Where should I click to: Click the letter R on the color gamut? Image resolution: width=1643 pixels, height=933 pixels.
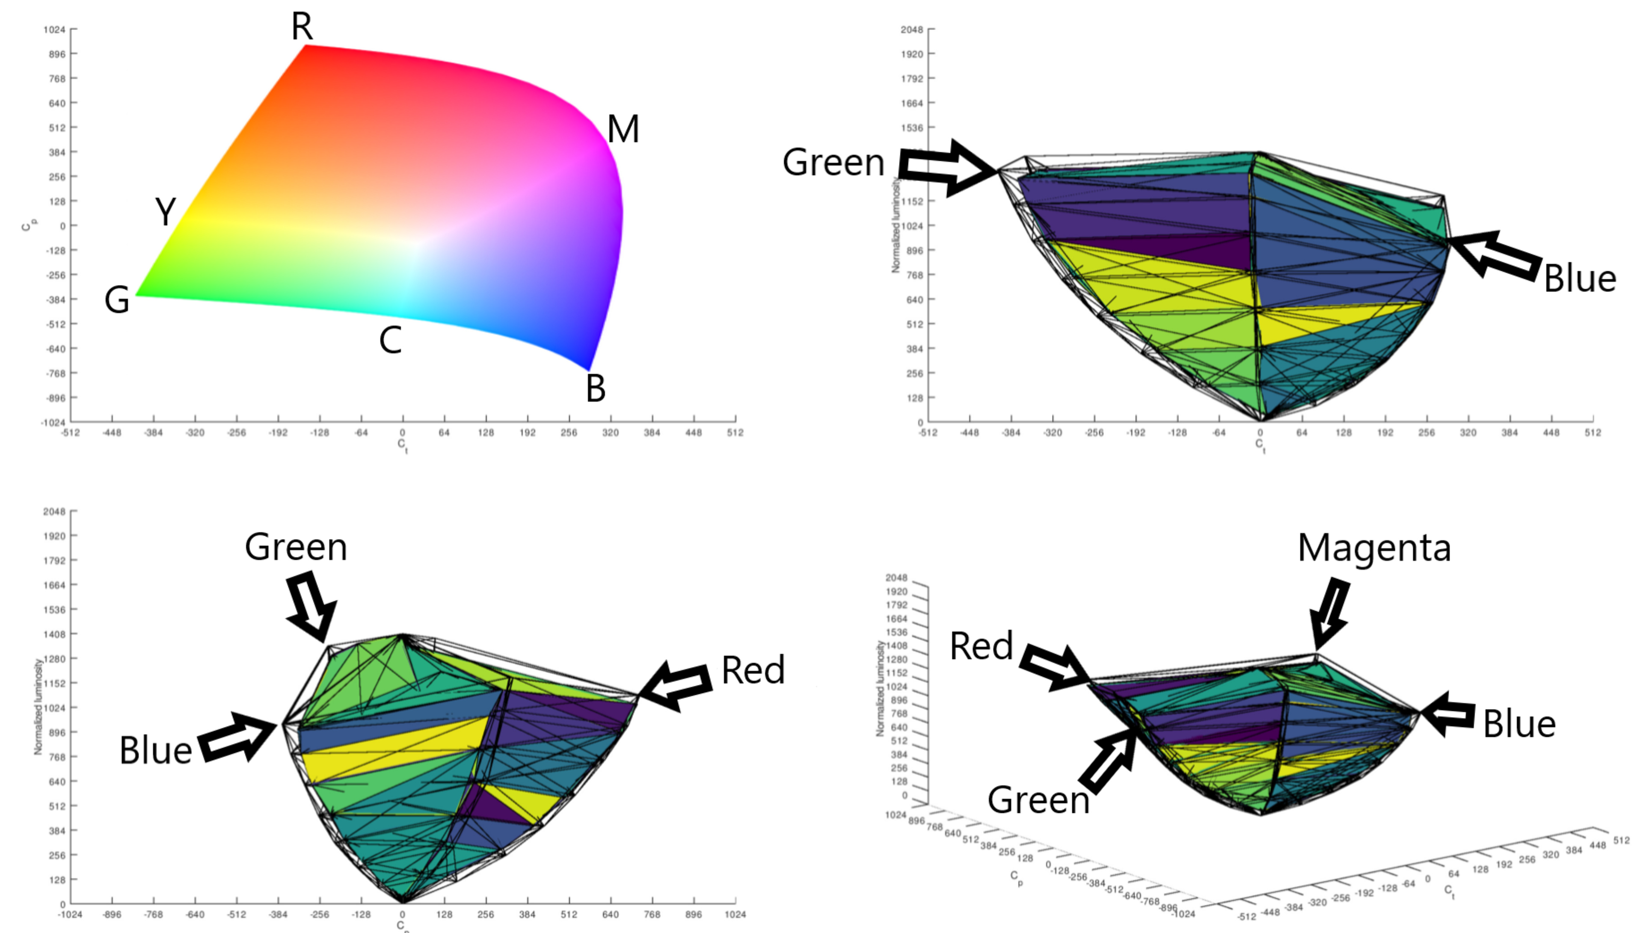(x=302, y=27)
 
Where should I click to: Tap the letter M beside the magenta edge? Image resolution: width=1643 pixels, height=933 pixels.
(x=623, y=130)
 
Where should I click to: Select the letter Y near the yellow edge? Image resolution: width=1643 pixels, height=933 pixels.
(x=165, y=211)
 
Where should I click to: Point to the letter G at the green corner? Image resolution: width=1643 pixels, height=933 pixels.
(x=117, y=300)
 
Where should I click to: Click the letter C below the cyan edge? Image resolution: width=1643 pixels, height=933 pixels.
(x=390, y=340)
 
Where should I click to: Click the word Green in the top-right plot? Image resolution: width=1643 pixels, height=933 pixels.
(x=833, y=162)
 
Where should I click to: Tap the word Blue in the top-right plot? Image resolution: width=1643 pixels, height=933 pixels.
(x=1580, y=279)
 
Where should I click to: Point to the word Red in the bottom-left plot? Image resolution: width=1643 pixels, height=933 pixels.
(x=753, y=670)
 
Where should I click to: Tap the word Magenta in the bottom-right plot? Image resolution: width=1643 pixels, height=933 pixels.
(x=1374, y=548)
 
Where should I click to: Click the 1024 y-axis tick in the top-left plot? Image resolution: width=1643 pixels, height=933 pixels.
(x=54, y=30)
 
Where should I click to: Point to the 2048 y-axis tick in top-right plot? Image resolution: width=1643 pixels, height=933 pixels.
(x=911, y=30)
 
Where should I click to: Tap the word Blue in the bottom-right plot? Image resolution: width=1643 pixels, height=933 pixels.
(x=1518, y=724)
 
